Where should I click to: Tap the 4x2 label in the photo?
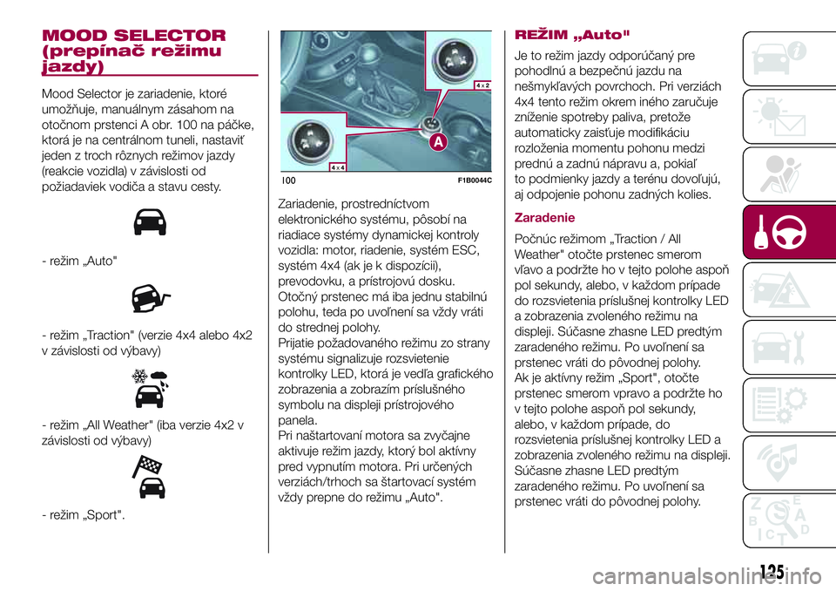tap(484, 85)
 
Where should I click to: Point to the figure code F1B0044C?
tap(475, 180)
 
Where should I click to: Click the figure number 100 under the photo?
tap(289, 180)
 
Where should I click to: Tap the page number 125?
tap(771, 573)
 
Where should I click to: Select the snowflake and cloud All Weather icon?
tap(150, 388)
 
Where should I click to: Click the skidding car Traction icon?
tap(150, 299)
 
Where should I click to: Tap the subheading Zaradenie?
tap(545, 217)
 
